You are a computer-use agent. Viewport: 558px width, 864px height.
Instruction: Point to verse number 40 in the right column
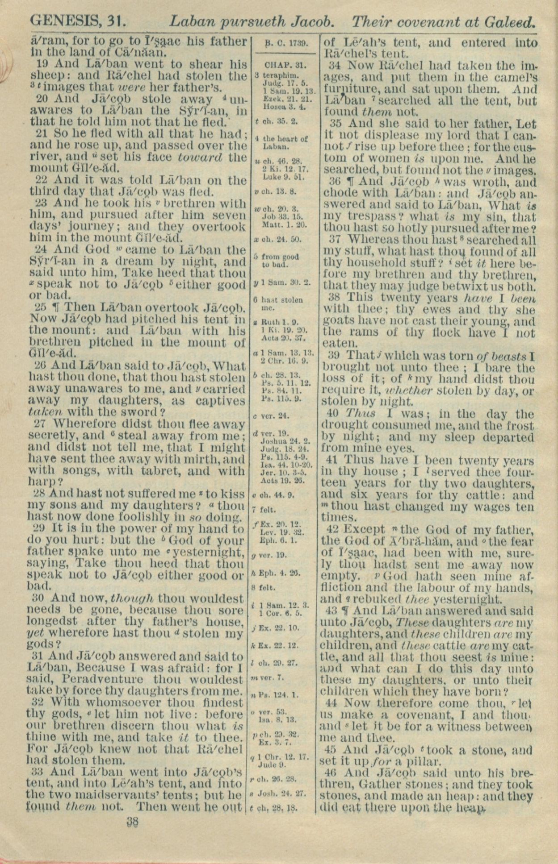335,414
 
